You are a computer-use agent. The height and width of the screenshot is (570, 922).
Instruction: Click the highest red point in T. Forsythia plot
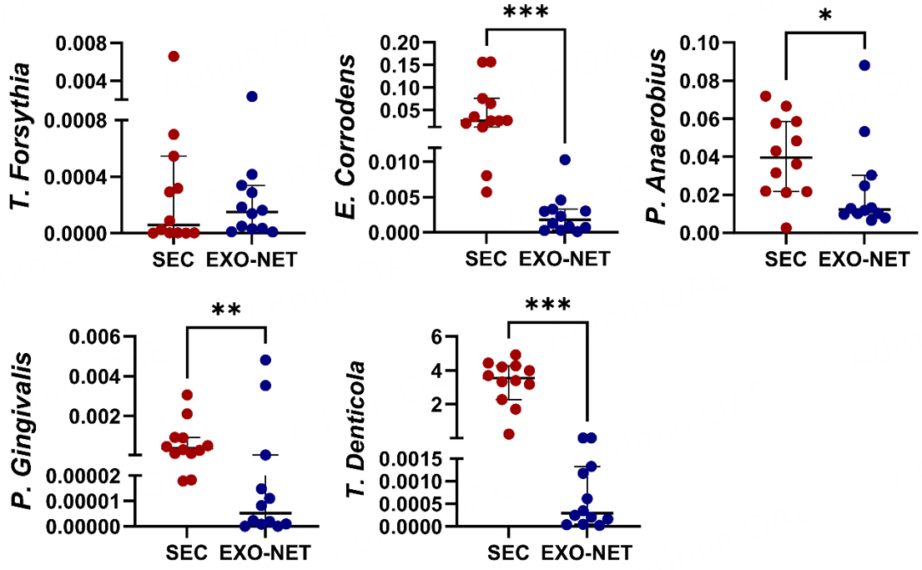click(174, 56)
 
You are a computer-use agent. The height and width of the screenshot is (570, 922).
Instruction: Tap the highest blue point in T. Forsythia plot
click(251, 97)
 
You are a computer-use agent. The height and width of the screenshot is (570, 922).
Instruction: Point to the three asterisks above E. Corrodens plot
click(526, 14)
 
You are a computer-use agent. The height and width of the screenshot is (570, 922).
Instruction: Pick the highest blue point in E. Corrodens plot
click(565, 159)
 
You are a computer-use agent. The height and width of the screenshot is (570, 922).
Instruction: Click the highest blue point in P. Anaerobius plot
click(864, 65)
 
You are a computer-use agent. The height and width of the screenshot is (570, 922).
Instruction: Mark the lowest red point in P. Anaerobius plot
click(786, 227)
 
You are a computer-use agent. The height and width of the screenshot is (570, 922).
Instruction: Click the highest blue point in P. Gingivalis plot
click(265, 360)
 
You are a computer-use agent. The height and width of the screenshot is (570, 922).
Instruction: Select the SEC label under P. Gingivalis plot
click(187, 552)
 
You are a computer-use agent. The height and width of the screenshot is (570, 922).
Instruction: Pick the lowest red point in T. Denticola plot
click(509, 433)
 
